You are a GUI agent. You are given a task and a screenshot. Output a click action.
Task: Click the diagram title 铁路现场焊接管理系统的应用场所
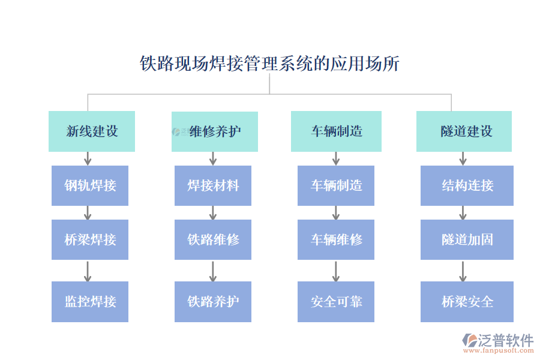tap(269, 64)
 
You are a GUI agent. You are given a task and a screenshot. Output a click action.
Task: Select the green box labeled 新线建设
tap(92, 131)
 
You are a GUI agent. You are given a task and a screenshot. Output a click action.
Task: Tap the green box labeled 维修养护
tap(215, 131)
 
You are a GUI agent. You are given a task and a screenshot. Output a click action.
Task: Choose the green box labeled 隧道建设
tap(464, 131)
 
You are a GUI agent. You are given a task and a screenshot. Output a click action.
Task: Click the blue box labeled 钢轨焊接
tap(90, 185)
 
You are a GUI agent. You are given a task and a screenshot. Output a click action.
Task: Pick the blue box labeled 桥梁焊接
tap(90, 239)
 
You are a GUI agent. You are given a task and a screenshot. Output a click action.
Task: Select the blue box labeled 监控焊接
tap(90, 301)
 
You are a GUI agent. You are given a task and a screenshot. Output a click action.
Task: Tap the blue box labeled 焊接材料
tap(213, 185)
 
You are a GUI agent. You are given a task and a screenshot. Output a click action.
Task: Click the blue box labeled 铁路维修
tap(213, 239)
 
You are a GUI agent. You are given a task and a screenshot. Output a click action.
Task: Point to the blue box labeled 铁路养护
tap(213, 301)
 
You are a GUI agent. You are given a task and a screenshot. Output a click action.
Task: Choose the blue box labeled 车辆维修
tap(336, 239)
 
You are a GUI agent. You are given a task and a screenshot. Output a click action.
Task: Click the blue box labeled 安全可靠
tap(336, 301)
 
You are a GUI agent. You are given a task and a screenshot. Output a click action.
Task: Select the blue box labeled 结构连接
tap(467, 185)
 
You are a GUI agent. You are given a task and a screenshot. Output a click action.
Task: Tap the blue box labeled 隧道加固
tap(467, 239)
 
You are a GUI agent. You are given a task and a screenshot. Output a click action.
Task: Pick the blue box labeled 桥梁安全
tap(467, 301)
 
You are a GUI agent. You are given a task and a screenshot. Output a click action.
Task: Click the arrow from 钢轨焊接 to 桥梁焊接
tap(88, 212)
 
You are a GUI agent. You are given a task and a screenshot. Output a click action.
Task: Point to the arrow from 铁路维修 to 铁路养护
tap(213, 271)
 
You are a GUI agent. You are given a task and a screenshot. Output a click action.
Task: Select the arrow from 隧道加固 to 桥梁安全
tap(463, 271)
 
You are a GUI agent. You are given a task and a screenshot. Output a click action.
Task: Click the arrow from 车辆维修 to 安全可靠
tap(336, 271)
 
